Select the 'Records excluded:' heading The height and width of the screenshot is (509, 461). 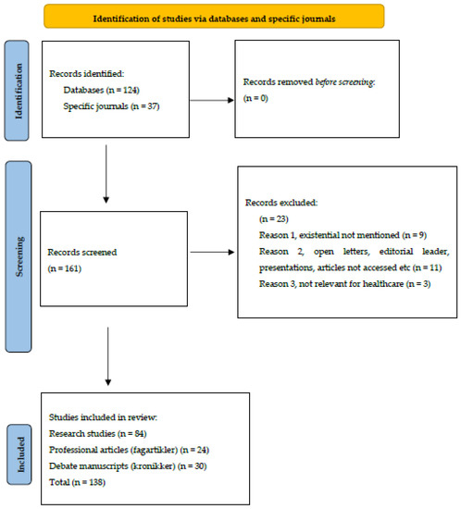(x=283, y=202)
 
